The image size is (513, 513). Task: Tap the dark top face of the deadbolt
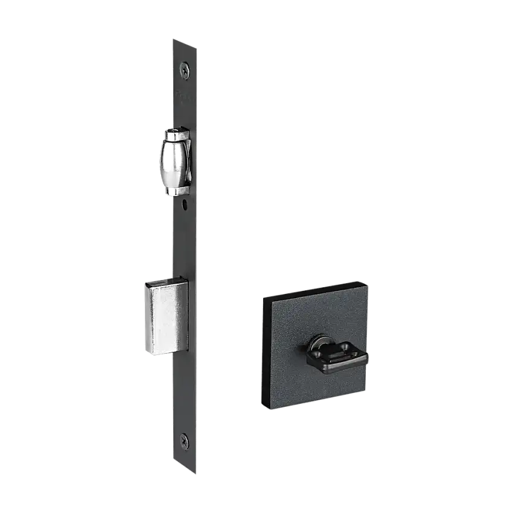tap(163, 281)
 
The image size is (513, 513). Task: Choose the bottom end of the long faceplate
tap(183, 467)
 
